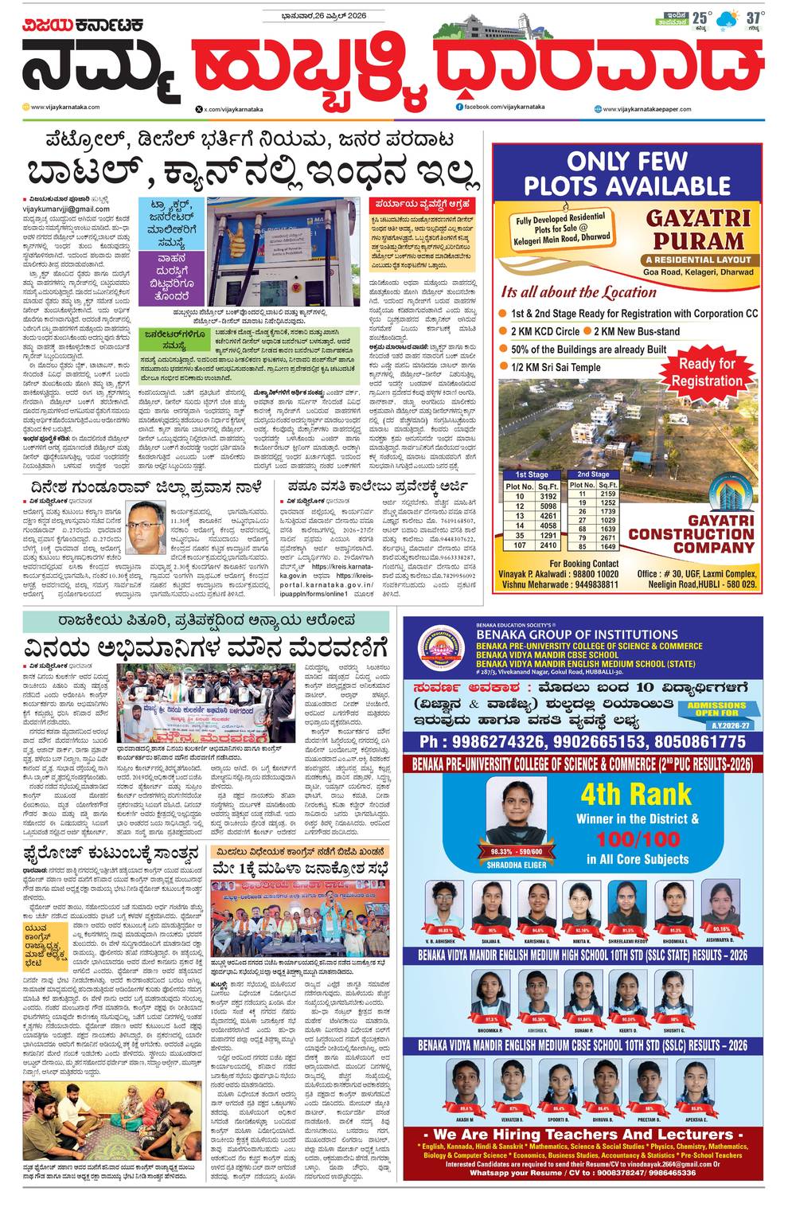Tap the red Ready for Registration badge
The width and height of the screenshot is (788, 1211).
[x=706, y=372]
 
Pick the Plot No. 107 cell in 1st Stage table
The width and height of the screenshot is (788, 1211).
[x=520, y=545]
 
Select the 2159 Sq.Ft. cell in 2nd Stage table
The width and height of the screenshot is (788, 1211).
[x=608, y=494]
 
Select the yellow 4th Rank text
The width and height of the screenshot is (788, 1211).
[x=635, y=794]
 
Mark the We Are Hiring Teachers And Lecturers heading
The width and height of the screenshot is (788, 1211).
[x=583, y=1135]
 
